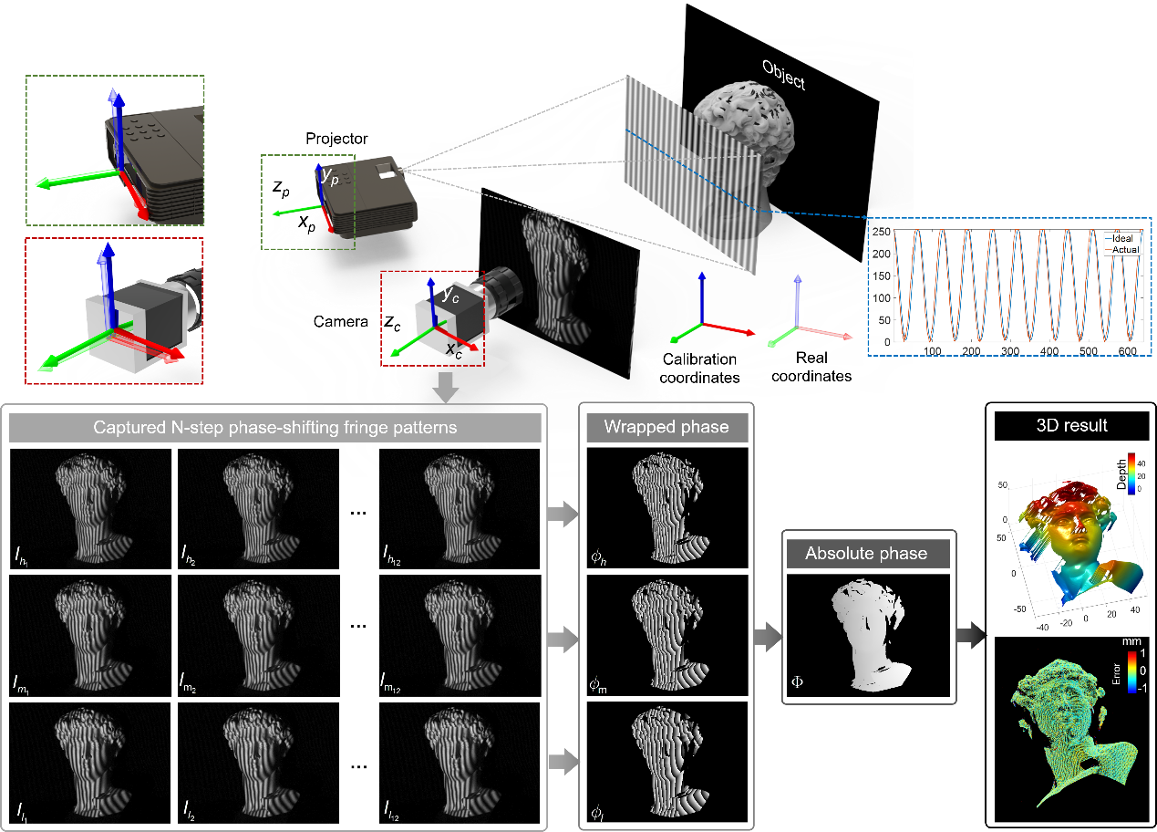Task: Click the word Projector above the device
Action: pyautogui.click(x=336, y=139)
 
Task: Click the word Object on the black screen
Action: pyautogui.click(x=783, y=75)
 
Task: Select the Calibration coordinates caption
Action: pyautogui.click(x=701, y=367)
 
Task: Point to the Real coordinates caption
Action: pyautogui.click(x=811, y=367)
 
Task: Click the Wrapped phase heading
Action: pyautogui.click(x=666, y=427)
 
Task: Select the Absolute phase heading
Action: pyautogui.click(x=866, y=554)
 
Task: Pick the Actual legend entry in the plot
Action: pyautogui.click(x=1122, y=249)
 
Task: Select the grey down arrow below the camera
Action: pyautogui.click(x=446, y=387)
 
